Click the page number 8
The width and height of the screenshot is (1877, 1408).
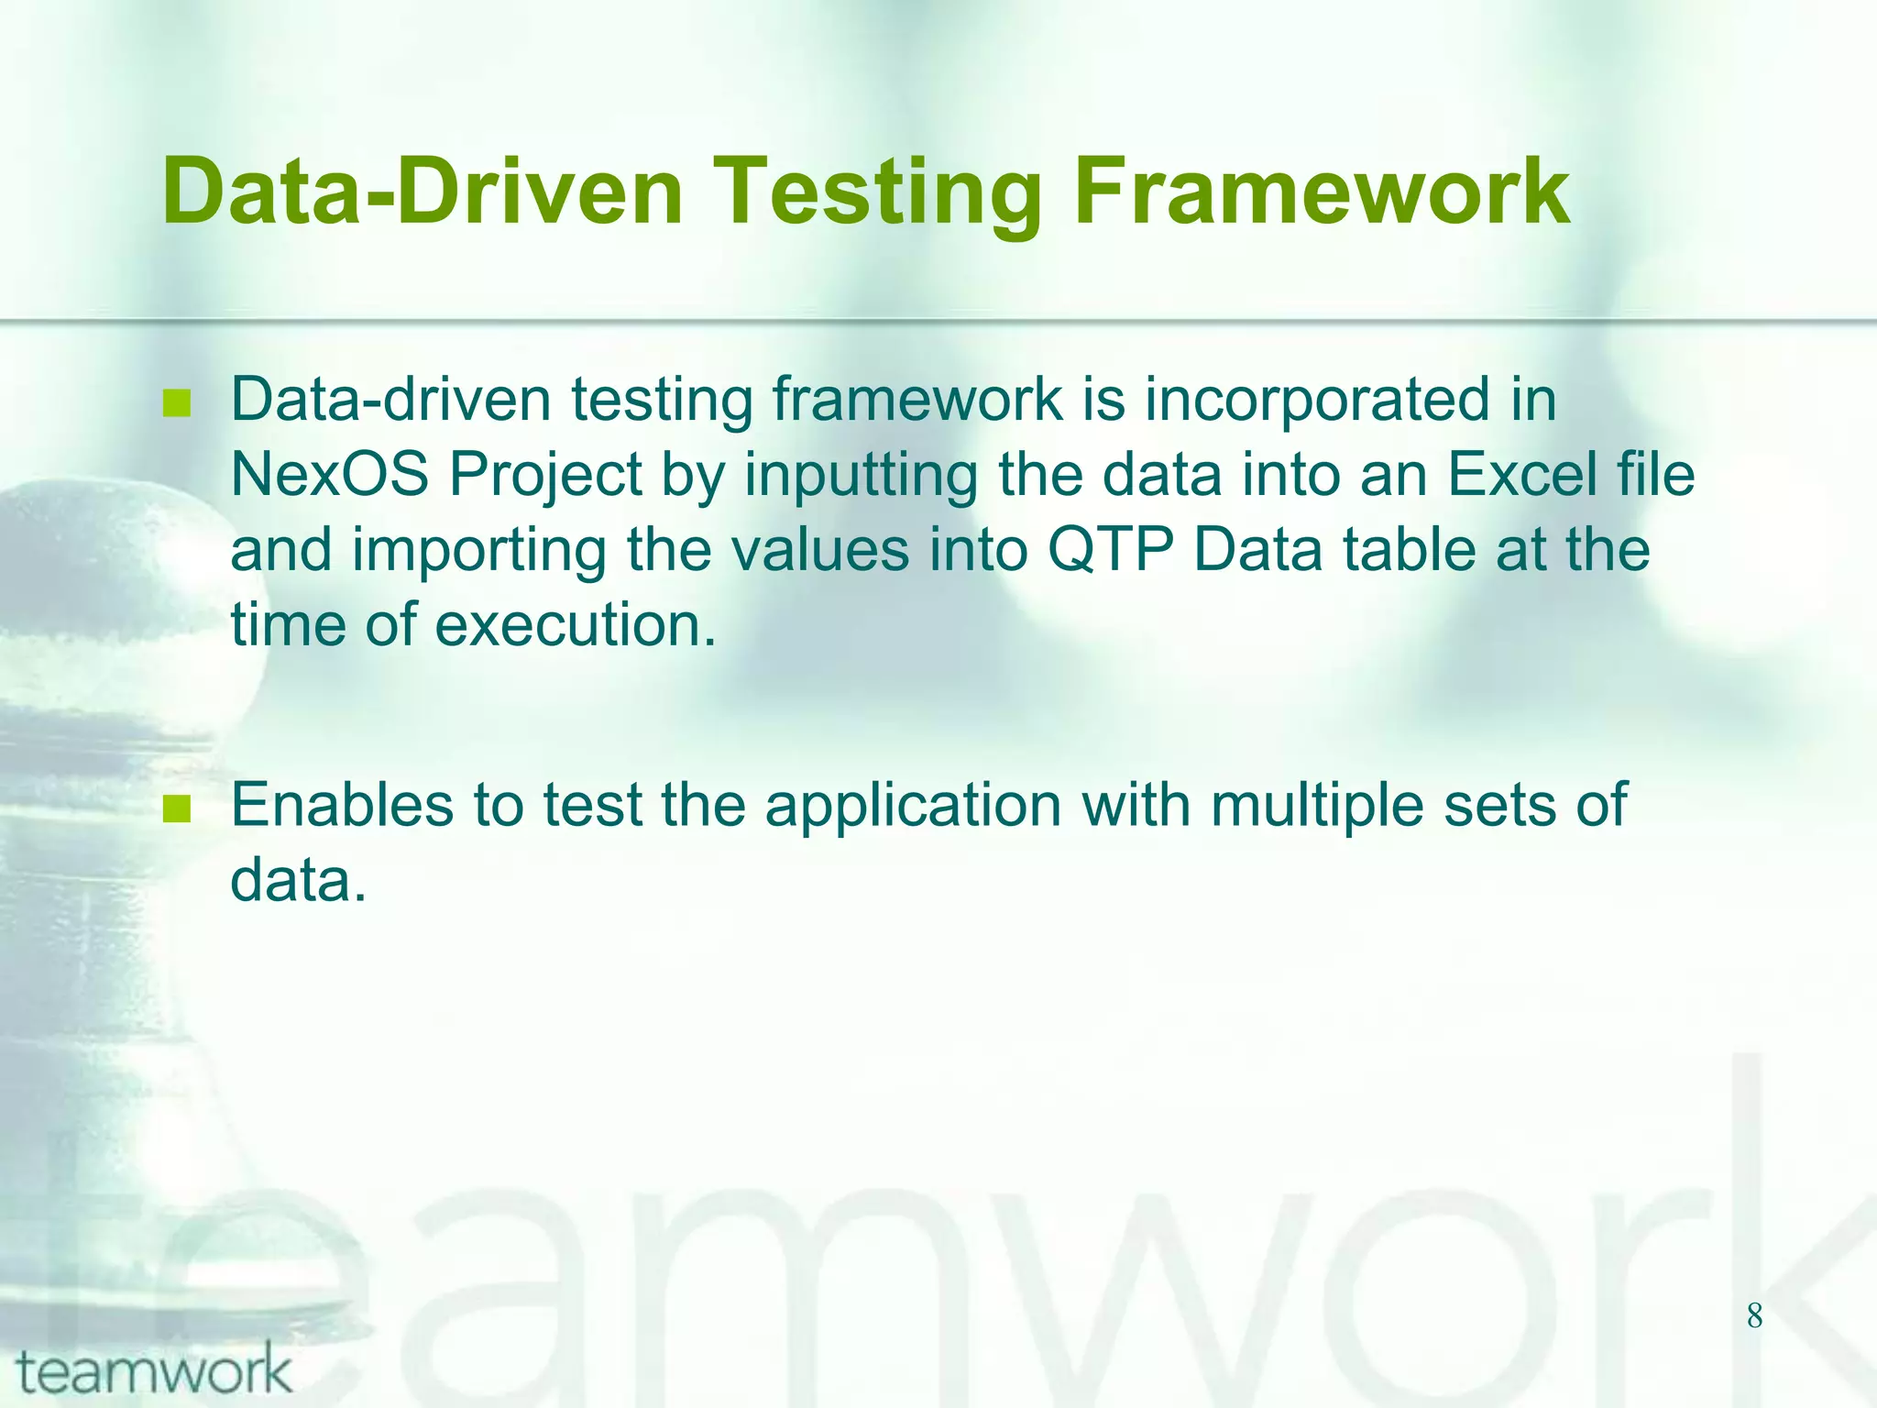1754,1316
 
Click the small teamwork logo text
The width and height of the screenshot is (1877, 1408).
154,1370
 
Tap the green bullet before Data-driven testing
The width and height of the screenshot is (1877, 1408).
176,403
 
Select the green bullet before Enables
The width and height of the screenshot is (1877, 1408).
176,808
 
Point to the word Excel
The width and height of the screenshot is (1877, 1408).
1522,475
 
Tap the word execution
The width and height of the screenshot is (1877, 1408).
574,625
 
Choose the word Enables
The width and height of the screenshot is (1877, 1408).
341,805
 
